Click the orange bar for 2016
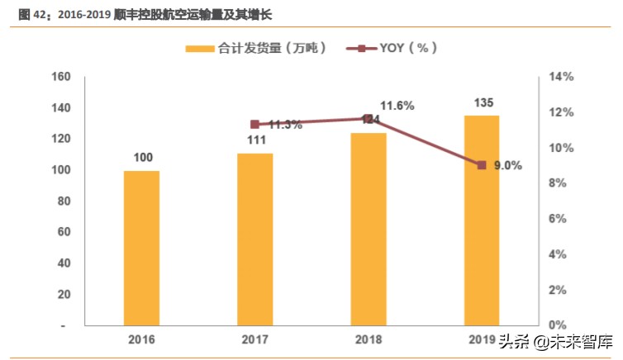[141, 248]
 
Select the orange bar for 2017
[254, 239]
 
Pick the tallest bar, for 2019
[481, 220]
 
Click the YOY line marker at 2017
[254, 125]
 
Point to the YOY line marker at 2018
[368, 119]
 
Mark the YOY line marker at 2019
[481, 165]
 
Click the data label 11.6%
[397, 106]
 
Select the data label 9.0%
[507, 165]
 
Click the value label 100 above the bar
[142, 157]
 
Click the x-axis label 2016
[141, 339]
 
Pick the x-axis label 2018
[368, 339]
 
